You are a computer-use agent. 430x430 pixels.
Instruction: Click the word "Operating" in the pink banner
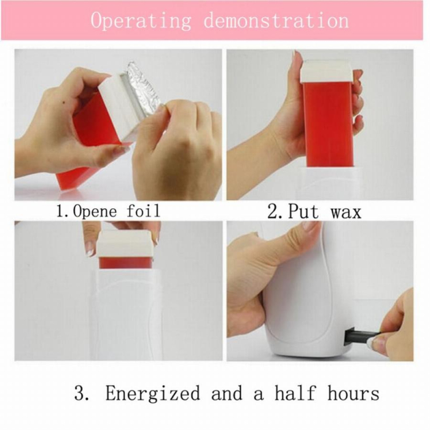141,21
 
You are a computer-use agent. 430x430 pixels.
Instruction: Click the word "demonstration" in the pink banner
276,20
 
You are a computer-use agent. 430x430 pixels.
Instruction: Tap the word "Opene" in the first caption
95,212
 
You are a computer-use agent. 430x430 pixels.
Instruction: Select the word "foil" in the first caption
143,211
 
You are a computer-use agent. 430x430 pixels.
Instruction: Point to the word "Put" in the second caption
303,212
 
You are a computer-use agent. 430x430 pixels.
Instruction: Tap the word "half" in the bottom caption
295,393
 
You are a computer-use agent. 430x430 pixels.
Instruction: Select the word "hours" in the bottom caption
353,393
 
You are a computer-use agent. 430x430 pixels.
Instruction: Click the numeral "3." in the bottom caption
81,393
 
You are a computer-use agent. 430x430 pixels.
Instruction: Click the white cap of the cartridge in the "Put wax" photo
326,71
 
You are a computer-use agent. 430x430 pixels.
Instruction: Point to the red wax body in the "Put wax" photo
329,124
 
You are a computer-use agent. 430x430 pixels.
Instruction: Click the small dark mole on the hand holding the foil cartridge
64,103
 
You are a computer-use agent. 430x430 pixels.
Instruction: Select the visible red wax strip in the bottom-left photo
125,263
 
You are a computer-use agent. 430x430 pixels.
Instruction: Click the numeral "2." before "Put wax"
276,212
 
